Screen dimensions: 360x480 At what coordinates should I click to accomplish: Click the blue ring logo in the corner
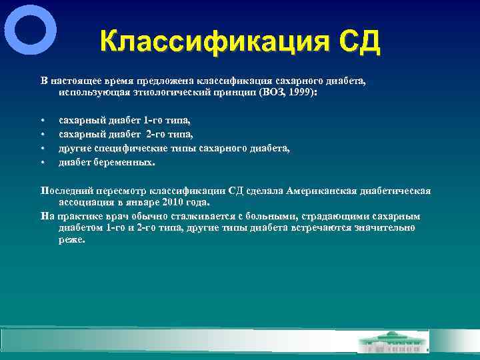coord(30,31)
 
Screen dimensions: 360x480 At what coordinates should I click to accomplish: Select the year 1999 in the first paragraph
coord(303,93)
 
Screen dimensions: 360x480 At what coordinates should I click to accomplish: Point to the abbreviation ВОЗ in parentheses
coord(276,93)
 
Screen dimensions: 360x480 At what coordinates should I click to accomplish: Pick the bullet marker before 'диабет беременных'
coord(42,162)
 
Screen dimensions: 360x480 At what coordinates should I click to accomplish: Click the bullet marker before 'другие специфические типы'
coord(42,148)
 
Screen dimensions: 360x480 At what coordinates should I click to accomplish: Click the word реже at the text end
coord(71,240)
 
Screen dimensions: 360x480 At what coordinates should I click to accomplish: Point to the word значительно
coord(386,228)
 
